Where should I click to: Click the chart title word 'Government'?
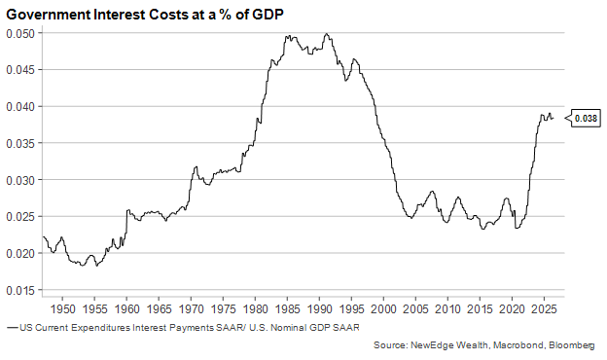(49, 15)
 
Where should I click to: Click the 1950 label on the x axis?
(62, 309)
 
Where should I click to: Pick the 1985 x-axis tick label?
(288, 309)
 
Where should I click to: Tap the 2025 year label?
(545, 309)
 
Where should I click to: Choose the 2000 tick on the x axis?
(383, 309)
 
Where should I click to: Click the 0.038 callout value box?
(587, 118)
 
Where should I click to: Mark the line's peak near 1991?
(326, 33)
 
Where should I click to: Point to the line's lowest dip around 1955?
(96, 266)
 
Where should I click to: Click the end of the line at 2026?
(553, 118)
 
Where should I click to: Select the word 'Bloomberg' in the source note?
(572, 344)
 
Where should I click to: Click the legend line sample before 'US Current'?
(13, 328)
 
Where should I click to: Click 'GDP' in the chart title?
(268, 15)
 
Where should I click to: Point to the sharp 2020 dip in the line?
(517, 228)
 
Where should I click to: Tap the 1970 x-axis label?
(192, 309)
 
